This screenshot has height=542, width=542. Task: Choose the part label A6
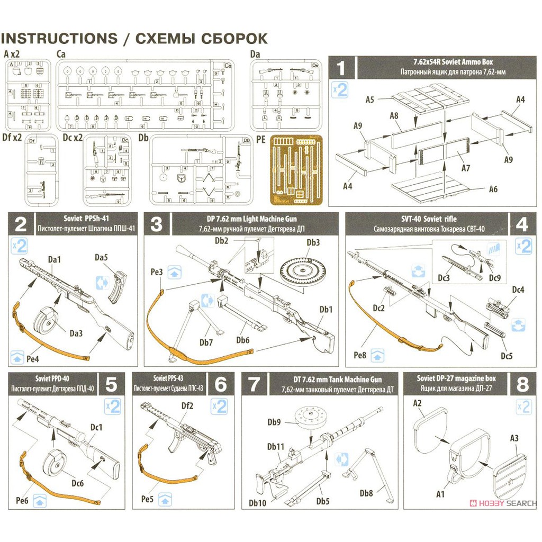[493, 188]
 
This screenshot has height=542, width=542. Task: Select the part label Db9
[274, 422]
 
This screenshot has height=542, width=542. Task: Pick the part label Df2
[187, 406]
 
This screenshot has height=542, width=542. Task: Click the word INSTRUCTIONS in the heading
[59, 39]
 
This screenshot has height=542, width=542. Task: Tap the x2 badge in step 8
[523, 406]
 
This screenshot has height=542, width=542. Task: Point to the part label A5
[369, 100]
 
